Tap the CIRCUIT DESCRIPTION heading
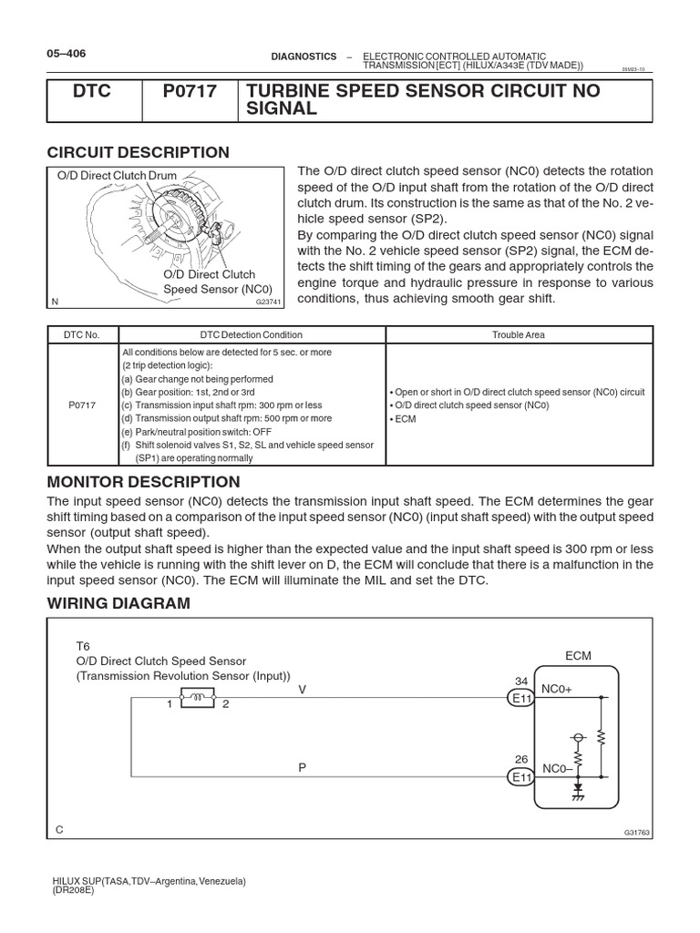point(137,152)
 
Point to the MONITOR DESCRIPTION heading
point(143,481)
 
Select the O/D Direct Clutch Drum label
point(114,176)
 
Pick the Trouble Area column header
point(519,335)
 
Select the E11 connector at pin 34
point(520,698)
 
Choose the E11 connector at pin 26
point(520,776)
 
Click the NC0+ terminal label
point(557,691)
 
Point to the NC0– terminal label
point(557,769)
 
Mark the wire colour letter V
point(303,691)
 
